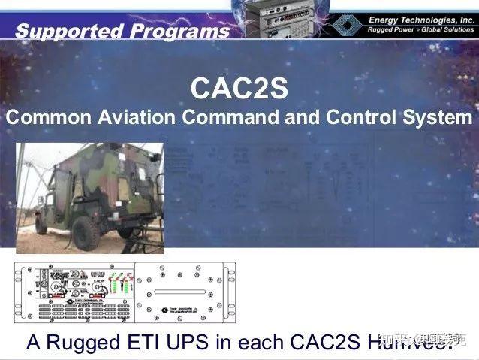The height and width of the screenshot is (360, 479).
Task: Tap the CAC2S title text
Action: pos(239,89)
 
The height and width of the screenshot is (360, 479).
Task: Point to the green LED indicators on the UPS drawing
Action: pos(119,286)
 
